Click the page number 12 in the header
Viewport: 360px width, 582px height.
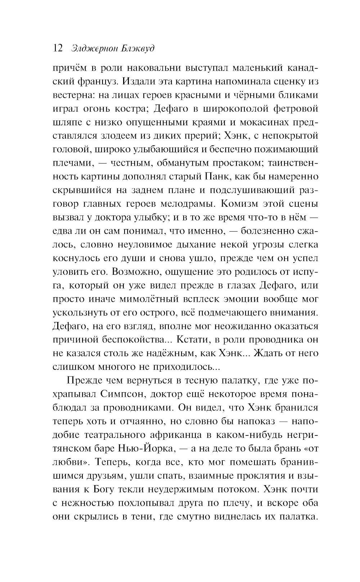tap(58, 48)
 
